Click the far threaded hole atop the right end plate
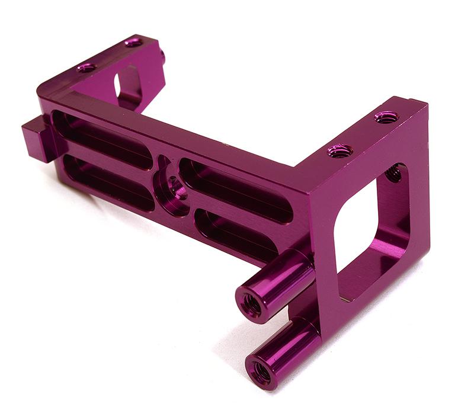(386, 117)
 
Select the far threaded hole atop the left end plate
(133, 42)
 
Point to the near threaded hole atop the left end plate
(87, 67)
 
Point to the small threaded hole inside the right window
(392, 174)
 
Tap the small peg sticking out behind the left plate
(162, 56)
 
